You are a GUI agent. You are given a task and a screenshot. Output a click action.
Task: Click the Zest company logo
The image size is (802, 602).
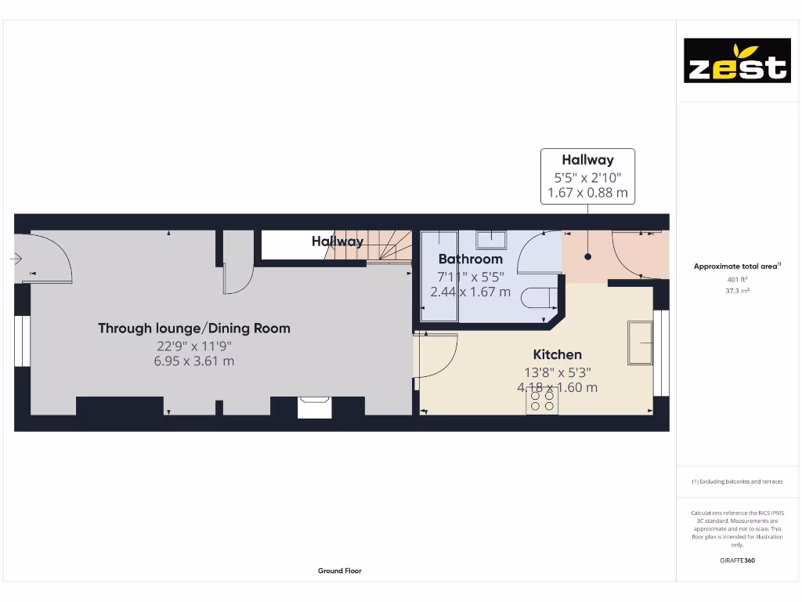[737, 60]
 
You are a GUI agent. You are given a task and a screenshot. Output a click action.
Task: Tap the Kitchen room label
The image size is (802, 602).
[557, 354]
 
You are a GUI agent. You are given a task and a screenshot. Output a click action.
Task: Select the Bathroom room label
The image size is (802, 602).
[470, 259]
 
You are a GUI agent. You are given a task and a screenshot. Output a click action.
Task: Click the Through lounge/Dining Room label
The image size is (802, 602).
[193, 328]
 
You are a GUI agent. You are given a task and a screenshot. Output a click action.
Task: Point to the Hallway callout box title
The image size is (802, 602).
[587, 161]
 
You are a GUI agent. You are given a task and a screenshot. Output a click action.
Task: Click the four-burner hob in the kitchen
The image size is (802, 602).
[542, 401]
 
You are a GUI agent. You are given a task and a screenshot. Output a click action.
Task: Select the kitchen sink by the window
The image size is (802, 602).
[641, 343]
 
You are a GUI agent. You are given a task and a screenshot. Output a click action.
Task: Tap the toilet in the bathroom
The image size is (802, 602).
[541, 299]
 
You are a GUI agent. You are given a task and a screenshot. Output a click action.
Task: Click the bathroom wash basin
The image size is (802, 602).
[491, 239]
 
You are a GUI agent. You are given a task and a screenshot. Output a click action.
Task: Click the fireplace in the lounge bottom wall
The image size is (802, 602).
[315, 407]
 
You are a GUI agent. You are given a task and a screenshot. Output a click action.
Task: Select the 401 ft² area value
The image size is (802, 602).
[737, 279]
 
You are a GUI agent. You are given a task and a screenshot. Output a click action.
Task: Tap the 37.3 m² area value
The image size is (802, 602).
[737, 290]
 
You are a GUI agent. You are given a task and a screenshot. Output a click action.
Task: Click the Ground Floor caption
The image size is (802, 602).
[340, 571]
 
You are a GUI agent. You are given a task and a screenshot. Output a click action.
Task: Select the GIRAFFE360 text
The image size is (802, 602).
[737, 560]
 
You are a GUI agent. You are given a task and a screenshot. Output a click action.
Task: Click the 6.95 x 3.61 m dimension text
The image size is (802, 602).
[193, 361]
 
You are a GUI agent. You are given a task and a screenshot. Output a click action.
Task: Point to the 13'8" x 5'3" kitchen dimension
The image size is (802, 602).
[557, 373]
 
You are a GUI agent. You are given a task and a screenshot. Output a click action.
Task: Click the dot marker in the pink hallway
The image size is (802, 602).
[587, 256]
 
